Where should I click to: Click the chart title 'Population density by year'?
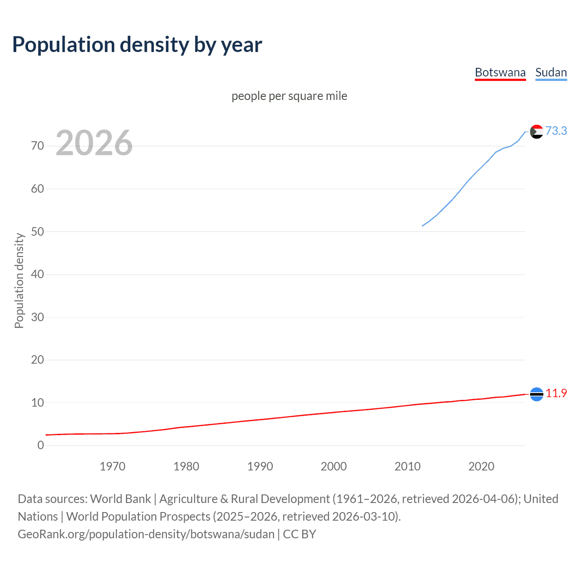pyautogui.click(x=137, y=45)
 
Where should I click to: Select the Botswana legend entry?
pyautogui.click(x=500, y=72)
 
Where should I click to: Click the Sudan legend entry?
pyautogui.click(x=551, y=72)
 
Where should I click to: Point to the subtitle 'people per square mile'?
pyautogui.click(x=289, y=96)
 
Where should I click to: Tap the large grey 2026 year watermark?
pyautogui.click(x=94, y=143)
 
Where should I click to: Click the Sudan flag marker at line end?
pyautogui.click(x=536, y=132)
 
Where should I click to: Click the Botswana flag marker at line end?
pyautogui.click(x=536, y=394)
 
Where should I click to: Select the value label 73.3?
pyautogui.click(x=556, y=131)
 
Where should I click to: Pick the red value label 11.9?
pyautogui.click(x=556, y=393)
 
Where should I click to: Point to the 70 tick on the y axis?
pyautogui.click(x=38, y=146)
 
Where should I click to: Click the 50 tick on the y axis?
pyautogui.click(x=38, y=232)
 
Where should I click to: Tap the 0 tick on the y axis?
pyautogui.click(x=41, y=445)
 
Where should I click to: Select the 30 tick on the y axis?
pyautogui.click(x=38, y=317)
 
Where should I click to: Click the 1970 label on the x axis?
pyautogui.click(x=113, y=466)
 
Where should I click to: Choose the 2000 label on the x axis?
pyautogui.click(x=334, y=466)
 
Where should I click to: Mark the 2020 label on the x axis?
pyautogui.click(x=481, y=466)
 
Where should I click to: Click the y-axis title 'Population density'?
pyautogui.click(x=19, y=280)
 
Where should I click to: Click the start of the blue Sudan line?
pyautogui.click(x=422, y=226)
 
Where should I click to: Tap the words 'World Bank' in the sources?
pyautogui.click(x=120, y=499)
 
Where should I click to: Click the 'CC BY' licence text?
pyautogui.click(x=299, y=534)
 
